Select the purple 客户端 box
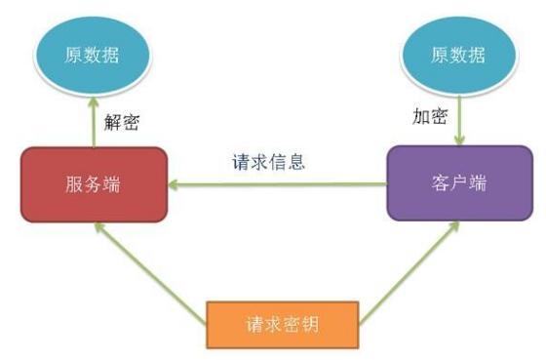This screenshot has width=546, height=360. click(458, 182)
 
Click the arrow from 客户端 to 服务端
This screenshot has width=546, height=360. click(283, 182)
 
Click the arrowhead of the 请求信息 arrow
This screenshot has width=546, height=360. click(173, 182)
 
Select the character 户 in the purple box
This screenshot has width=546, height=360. click(458, 182)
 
